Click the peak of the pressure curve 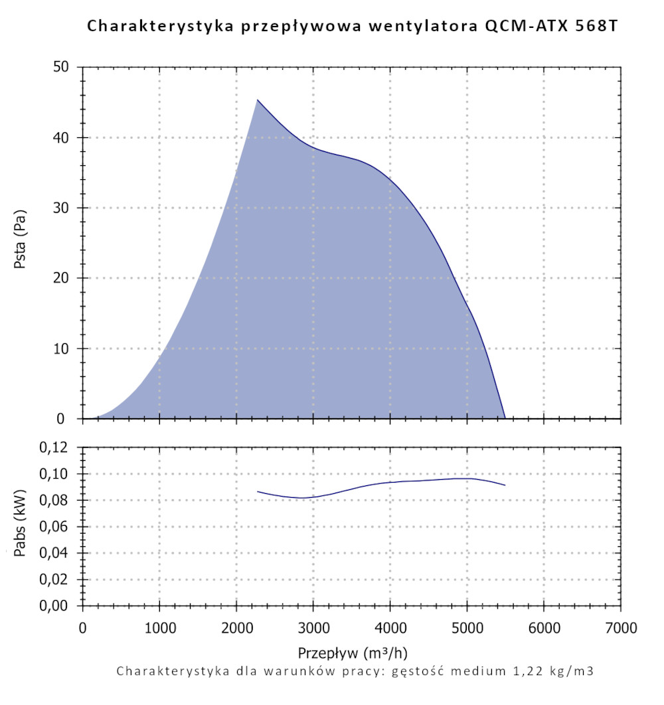(x=258, y=100)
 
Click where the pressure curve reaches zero (x=505, y=418)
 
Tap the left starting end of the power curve (x=258, y=492)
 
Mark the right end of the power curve (x=505, y=485)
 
